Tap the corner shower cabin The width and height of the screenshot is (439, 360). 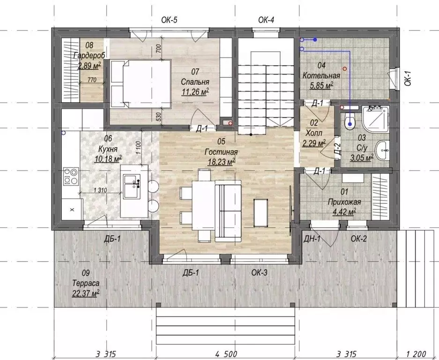point(375,120)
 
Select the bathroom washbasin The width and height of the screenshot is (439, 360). point(382,151)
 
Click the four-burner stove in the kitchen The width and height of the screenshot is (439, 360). point(71,176)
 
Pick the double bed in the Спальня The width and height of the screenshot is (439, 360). point(141,83)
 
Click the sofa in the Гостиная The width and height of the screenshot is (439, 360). point(228,211)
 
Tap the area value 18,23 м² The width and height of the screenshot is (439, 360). point(221,162)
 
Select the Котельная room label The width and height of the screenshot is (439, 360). point(321,75)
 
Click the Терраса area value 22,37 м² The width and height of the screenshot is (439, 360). point(86,293)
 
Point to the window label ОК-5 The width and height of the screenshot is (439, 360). point(170,20)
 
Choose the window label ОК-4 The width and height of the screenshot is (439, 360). point(266,20)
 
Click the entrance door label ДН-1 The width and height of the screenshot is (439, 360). point(312,239)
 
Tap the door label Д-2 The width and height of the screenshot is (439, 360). point(338,149)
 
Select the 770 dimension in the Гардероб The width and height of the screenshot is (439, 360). point(91,80)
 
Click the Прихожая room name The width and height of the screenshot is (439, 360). point(344,202)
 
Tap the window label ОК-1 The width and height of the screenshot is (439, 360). point(408,78)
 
